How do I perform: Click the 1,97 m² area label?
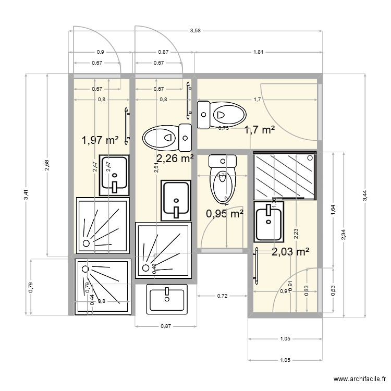click(x=100, y=140)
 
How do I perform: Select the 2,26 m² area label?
click(x=175, y=158)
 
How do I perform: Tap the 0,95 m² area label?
click(x=225, y=213)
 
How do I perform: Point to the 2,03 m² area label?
click(x=290, y=252)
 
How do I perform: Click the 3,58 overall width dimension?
click(x=195, y=31)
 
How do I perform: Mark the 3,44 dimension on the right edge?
click(x=364, y=194)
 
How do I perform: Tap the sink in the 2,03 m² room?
click(x=269, y=222)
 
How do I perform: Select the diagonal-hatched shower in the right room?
click(x=284, y=176)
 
